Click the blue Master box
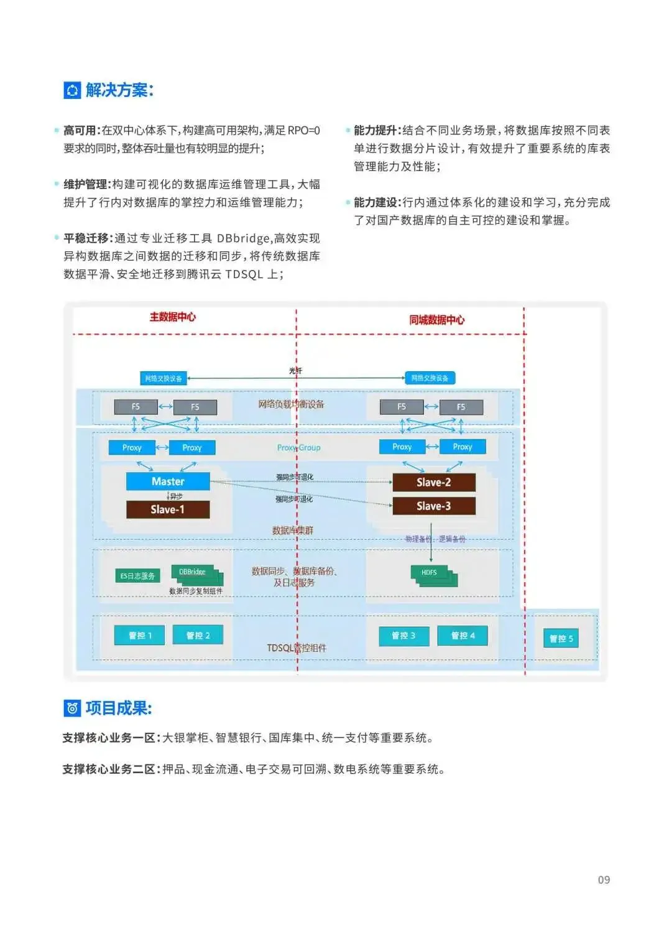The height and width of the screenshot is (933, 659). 168,481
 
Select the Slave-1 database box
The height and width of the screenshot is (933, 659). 168,509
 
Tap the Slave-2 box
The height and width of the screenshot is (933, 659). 434,483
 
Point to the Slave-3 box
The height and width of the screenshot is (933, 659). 434,506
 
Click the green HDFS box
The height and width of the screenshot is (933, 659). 430,572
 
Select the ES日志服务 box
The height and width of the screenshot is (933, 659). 137,576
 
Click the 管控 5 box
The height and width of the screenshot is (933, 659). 561,638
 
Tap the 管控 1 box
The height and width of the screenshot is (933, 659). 140,635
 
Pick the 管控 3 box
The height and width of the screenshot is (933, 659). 403,635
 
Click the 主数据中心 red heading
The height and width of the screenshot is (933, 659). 172,317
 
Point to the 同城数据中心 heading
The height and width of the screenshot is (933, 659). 436,320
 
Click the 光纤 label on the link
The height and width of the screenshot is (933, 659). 295,371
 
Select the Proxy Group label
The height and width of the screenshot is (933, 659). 299,447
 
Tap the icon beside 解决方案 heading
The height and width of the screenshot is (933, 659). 72,90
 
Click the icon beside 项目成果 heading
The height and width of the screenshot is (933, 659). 72,708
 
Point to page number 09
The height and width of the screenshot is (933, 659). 604,880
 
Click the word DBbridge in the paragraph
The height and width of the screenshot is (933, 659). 243,238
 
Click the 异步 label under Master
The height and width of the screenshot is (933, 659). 176,496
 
